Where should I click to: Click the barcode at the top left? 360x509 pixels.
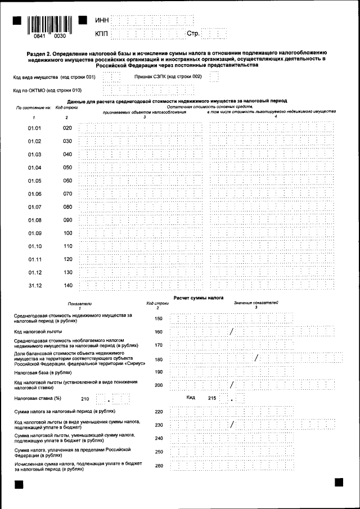(49, 24)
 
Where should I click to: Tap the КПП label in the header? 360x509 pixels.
(102, 34)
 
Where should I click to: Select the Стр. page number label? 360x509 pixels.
(193, 34)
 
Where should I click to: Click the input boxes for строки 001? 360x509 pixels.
(111, 76)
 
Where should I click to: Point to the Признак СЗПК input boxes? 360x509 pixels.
(214, 76)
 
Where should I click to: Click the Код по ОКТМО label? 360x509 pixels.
(47, 90)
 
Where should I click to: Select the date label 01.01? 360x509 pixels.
(35, 128)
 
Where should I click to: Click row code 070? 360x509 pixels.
(67, 194)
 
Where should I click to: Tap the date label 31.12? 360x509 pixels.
(35, 286)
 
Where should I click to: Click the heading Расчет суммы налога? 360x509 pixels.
(199, 298)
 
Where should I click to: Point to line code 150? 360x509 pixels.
(158, 319)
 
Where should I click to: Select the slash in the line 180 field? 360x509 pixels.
(256, 358)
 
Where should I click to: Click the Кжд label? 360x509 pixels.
(191, 398)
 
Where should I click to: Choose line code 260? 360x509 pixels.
(158, 465)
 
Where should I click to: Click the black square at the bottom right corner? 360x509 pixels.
(339, 482)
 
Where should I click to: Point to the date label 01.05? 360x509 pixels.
(35, 181)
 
